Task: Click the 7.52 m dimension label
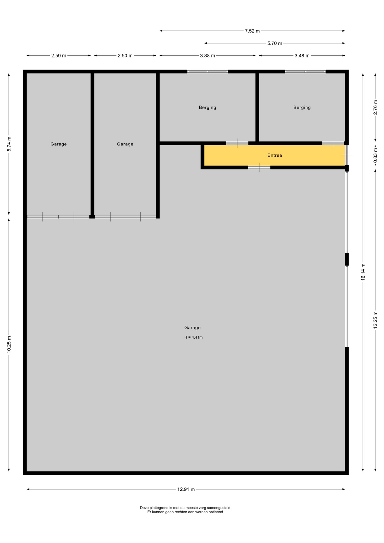(252, 31)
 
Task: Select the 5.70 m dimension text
(275, 44)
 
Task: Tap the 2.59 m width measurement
(59, 56)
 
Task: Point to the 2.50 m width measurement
(125, 56)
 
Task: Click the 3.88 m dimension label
(208, 56)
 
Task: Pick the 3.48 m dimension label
(302, 56)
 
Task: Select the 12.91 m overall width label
(186, 489)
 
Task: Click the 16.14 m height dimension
(363, 272)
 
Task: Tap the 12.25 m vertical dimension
(376, 320)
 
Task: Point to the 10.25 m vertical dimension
(9, 344)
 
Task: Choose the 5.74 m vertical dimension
(9, 144)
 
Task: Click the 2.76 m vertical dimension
(376, 107)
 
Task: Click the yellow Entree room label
(275, 155)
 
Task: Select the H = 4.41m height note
(193, 337)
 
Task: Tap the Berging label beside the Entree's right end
(302, 107)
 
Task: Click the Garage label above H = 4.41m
(192, 327)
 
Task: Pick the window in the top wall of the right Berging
(305, 72)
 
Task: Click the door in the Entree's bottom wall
(259, 167)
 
